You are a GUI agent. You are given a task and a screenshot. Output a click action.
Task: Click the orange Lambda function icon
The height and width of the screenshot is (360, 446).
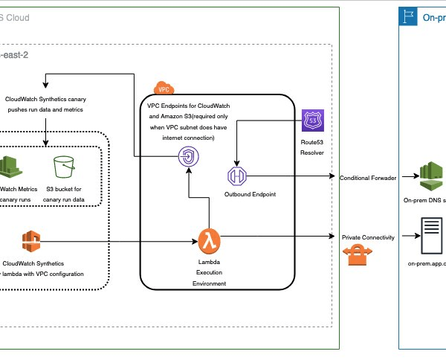coord(206,240)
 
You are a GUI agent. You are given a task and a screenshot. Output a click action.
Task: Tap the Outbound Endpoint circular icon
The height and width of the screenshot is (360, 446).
coord(236,177)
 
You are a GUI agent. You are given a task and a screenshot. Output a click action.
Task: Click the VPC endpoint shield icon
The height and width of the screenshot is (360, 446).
coord(189,156)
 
